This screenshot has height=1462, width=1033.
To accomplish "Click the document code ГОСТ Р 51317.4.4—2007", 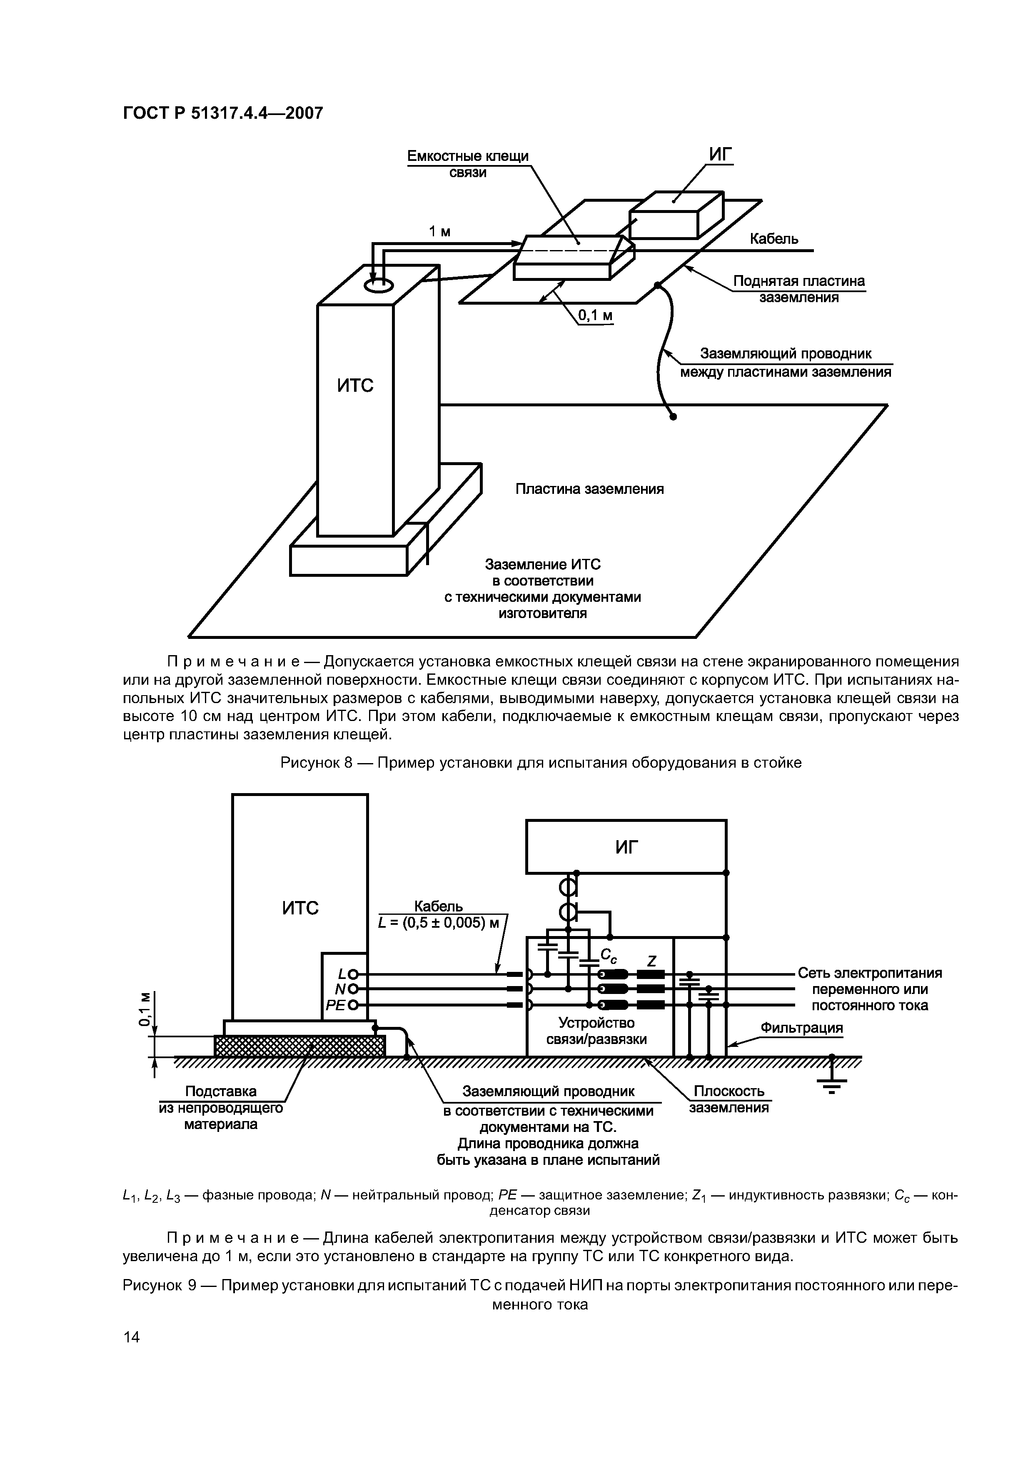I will click(223, 113).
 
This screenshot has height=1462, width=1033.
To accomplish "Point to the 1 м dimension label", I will click(439, 232).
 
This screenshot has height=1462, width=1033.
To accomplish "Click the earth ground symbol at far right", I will click(831, 1081).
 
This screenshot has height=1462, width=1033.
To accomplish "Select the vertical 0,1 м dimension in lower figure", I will click(146, 1010).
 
